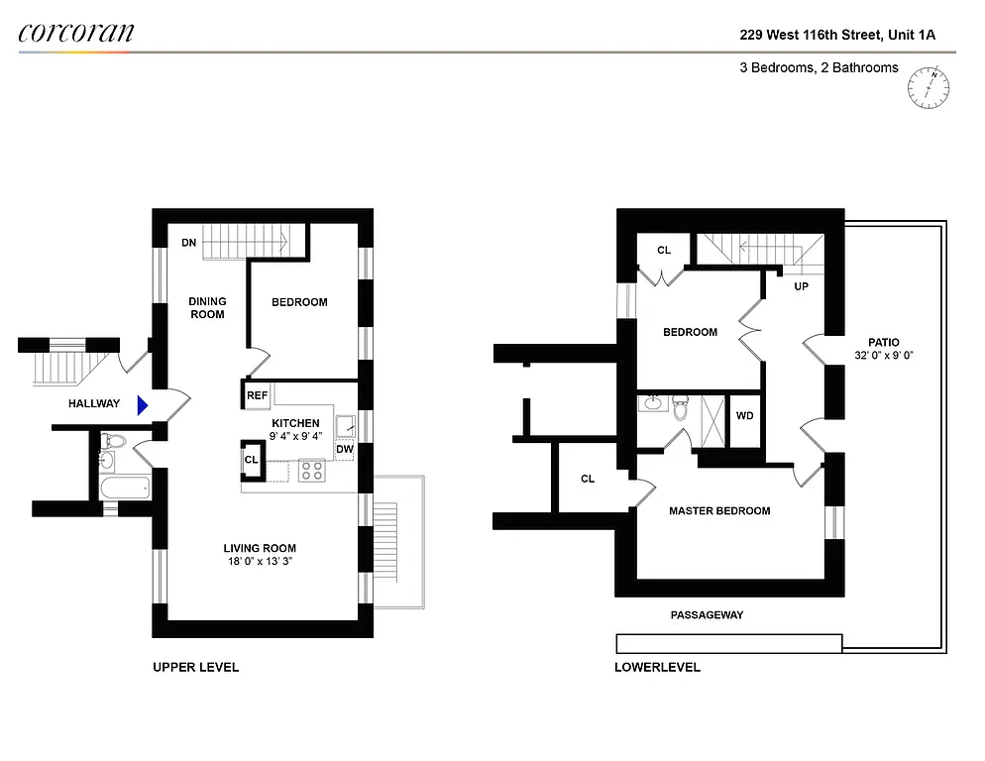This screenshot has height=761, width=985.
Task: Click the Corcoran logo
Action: coord(76,32)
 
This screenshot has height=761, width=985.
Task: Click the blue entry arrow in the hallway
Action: coord(143,403)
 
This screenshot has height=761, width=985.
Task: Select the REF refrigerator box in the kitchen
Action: coord(257,395)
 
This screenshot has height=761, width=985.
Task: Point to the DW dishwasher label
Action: coord(344,450)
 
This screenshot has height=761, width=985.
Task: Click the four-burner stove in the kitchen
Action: coord(312,471)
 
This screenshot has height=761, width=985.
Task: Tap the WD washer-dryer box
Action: coord(744,416)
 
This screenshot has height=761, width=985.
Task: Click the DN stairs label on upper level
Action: coord(188,243)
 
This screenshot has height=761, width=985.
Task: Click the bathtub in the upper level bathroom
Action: coord(124,488)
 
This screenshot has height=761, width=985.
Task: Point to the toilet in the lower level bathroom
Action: coord(681,404)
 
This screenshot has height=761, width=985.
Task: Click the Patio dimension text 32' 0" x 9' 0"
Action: coord(883,355)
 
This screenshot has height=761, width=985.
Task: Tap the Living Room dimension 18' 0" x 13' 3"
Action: coord(260,562)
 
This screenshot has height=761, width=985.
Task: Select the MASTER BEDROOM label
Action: coord(719,511)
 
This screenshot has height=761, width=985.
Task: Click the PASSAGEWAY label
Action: coord(707,615)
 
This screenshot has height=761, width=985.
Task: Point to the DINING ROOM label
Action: coord(208,308)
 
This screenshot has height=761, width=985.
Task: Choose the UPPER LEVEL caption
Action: coord(195,667)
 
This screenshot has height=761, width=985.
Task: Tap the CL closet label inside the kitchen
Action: coord(251,460)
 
